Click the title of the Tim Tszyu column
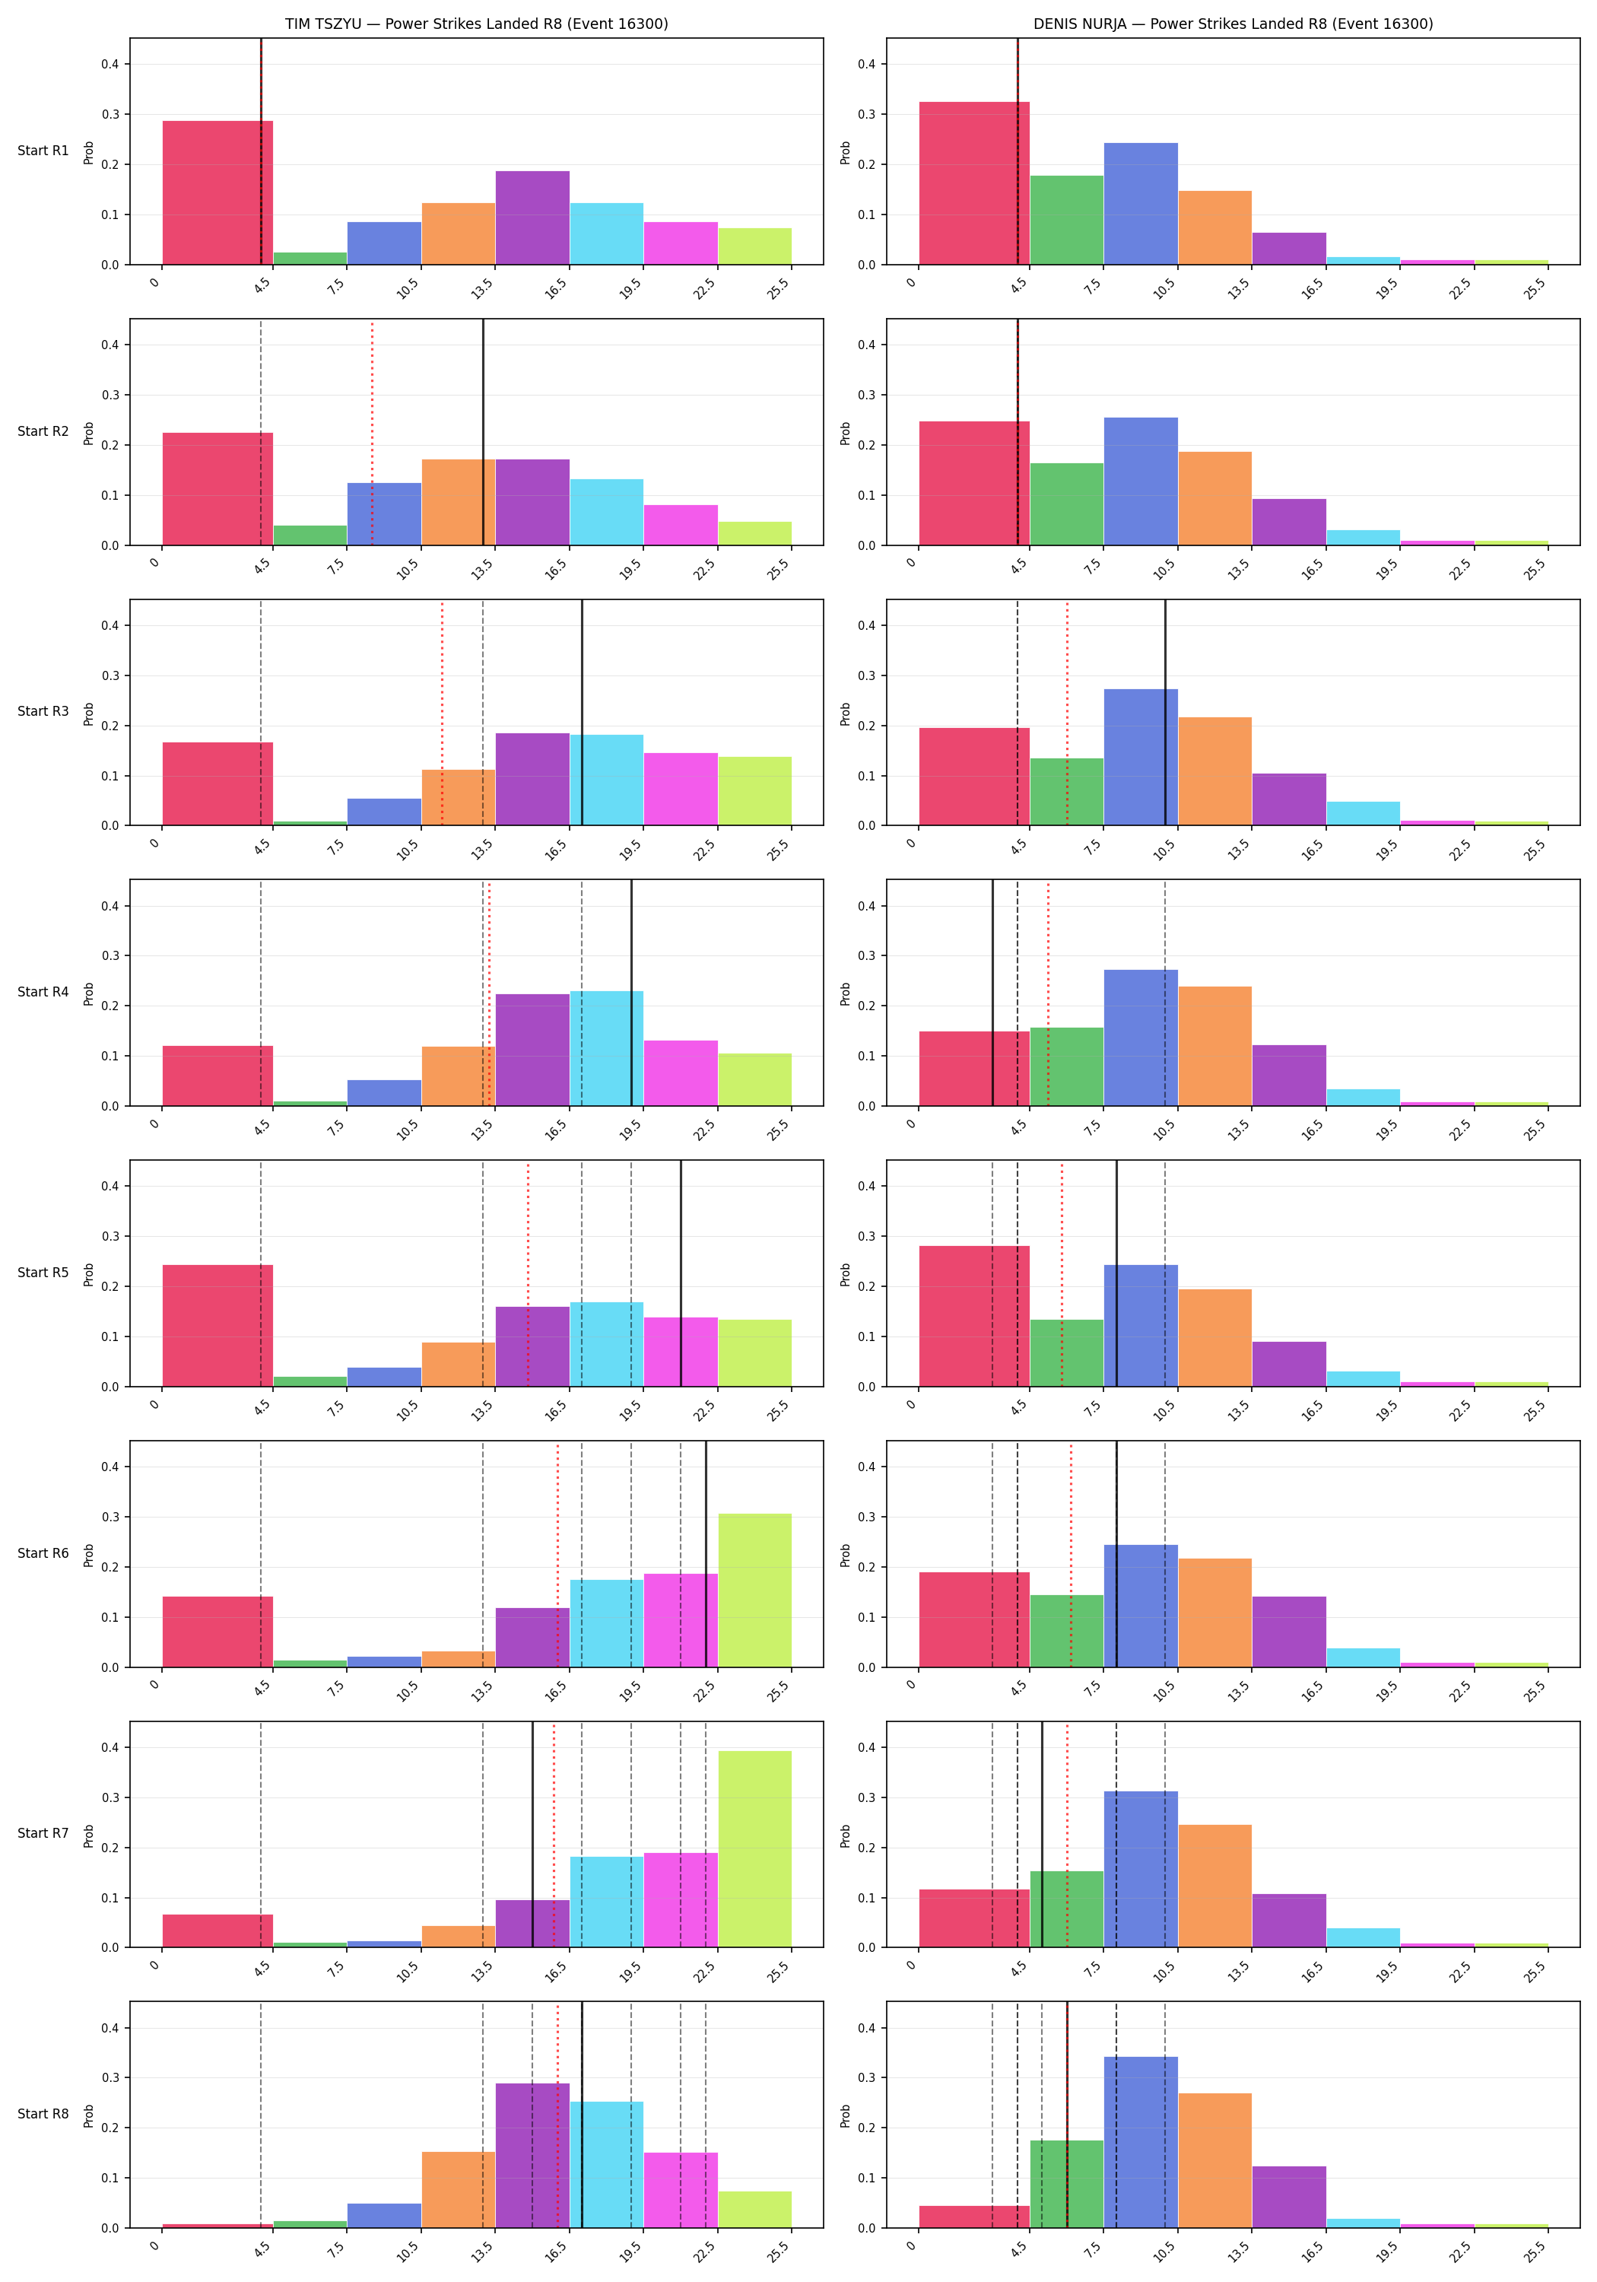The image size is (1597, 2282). [476, 24]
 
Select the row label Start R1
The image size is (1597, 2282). [43, 151]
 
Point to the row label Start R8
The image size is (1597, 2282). [43, 2113]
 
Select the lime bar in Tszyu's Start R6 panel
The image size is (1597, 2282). [754, 1591]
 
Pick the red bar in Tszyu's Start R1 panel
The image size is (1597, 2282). [217, 192]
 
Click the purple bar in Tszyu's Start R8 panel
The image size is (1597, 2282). [532, 2155]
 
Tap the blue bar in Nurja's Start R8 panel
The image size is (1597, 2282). [1141, 2142]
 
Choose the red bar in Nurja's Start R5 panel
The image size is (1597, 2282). [974, 1316]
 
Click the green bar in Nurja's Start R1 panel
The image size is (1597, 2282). [1066, 221]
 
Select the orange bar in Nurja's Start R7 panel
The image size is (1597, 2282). [1214, 1886]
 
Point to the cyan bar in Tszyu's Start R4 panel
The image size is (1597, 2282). [606, 1048]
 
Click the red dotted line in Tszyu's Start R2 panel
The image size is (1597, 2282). [372, 432]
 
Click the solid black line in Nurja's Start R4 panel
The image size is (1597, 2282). [992, 993]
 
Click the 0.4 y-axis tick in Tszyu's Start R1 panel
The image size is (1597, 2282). [110, 65]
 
